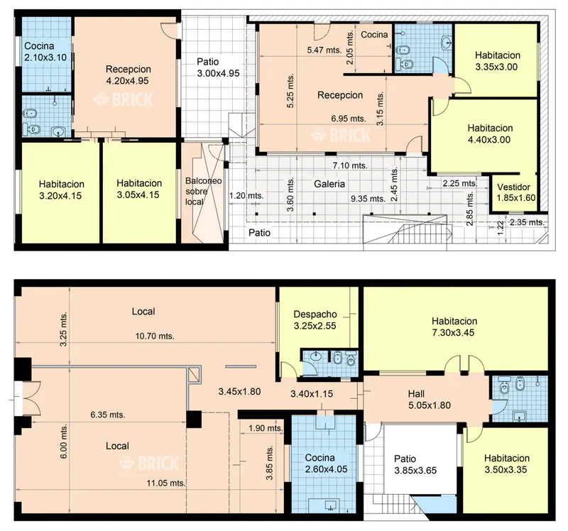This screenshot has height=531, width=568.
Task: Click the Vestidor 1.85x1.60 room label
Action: pyautogui.click(x=516, y=192)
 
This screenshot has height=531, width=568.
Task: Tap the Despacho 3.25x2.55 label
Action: pyautogui.click(x=315, y=320)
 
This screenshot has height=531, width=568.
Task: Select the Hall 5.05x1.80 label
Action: pyautogui.click(x=430, y=400)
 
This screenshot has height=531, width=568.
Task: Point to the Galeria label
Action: pyautogui.click(x=329, y=184)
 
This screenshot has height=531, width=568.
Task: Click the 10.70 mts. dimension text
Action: pyautogui.click(x=155, y=336)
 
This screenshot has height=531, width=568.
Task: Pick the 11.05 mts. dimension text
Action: pyautogui.click(x=166, y=483)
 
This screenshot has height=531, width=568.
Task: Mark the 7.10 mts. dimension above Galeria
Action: pyautogui.click(x=350, y=165)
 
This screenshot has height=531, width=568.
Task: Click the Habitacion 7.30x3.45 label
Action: pyautogui.click(x=454, y=327)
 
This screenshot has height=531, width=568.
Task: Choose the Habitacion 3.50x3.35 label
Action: pyautogui.click(x=506, y=464)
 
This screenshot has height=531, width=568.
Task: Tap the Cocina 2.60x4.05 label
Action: pyautogui.click(x=326, y=464)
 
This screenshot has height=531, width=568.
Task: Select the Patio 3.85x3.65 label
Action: pyautogui.click(x=415, y=465)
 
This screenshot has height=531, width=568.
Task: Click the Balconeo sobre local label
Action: pyautogui.click(x=203, y=191)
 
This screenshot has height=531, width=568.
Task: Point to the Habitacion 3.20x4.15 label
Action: pyautogui.click(x=61, y=190)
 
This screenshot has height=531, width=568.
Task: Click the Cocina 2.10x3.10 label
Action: pyautogui.click(x=45, y=51)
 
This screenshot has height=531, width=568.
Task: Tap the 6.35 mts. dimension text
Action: pyautogui.click(x=108, y=415)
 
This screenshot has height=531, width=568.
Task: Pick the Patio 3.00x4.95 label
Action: pyautogui.click(x=218, y=67)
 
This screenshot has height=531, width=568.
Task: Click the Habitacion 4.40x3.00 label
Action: pyautogui.click(x=490, y=133)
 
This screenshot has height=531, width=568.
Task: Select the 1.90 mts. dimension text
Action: pyautogui.click(x=266, y=428)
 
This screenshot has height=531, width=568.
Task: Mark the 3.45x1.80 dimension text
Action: pyautogui.click(x=239, y=392)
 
